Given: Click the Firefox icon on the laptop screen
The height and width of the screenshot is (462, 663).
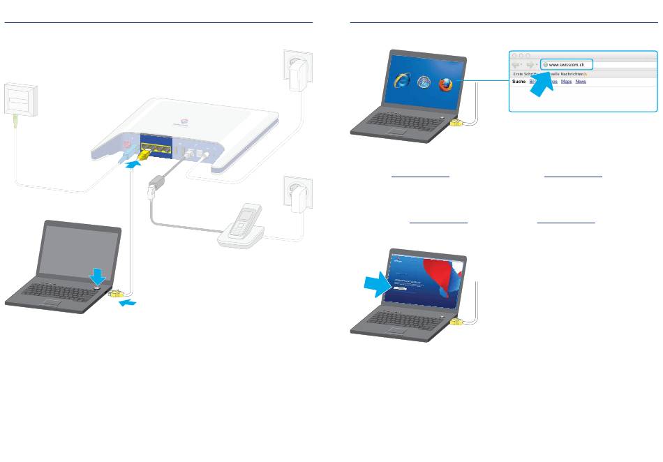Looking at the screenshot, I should click(445, 84).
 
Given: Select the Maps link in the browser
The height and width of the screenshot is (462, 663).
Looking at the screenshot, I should click(566, 82).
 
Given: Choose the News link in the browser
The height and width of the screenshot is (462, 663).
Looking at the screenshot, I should click(581, 82).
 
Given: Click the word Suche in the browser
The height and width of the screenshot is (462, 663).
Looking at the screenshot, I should click(519, 82).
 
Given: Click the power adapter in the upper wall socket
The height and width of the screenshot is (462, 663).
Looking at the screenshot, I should click(296, 70).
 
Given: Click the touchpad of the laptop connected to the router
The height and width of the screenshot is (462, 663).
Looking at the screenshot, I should click(52, 301).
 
